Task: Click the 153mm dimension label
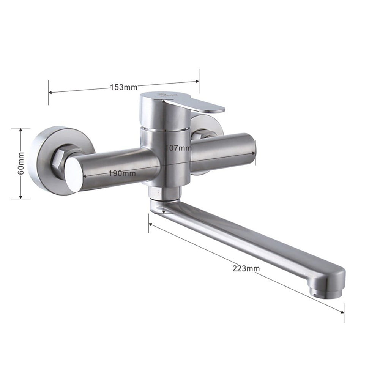coord(124,87)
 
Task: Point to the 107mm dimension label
coord(178,148)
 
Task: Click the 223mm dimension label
coord(246,268)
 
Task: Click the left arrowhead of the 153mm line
coord(50,92)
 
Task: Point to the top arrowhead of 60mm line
coord(21,129)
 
